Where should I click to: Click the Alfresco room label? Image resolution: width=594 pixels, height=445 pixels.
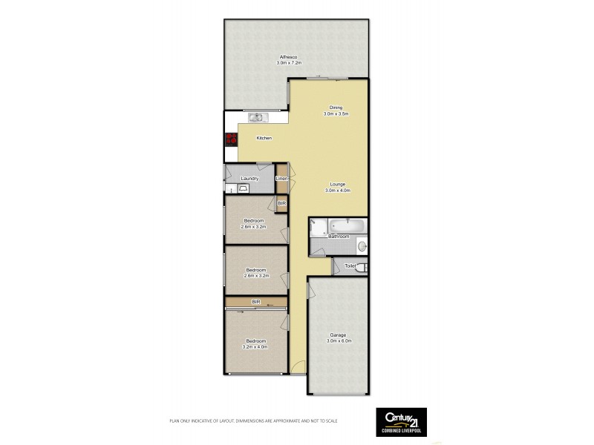tap(289, 57)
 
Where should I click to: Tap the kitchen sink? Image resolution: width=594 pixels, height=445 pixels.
tap(256, 117)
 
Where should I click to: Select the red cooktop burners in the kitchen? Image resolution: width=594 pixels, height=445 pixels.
tap(231, 138)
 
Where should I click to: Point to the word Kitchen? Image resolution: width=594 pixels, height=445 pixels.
tap(264, 139)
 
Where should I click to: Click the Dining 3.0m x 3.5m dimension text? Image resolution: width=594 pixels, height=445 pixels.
tap(336, 114)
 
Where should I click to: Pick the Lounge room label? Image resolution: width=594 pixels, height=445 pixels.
tap(336, 184)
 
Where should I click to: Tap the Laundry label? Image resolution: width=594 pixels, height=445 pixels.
tap(249, 179)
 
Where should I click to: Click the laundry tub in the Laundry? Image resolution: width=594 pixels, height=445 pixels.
tap(244, 189)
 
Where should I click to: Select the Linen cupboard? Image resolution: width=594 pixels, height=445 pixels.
tap(281, 179)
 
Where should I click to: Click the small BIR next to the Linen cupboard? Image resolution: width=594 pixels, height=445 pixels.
tap(281, 202)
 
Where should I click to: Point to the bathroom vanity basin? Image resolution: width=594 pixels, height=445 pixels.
tap(361, 245)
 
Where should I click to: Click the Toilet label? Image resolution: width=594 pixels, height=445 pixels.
tap(350, 266)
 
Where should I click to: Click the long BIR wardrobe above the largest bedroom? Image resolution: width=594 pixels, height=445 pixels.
tap(256, 302)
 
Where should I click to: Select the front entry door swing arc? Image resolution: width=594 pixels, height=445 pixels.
tap(296, 365)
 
